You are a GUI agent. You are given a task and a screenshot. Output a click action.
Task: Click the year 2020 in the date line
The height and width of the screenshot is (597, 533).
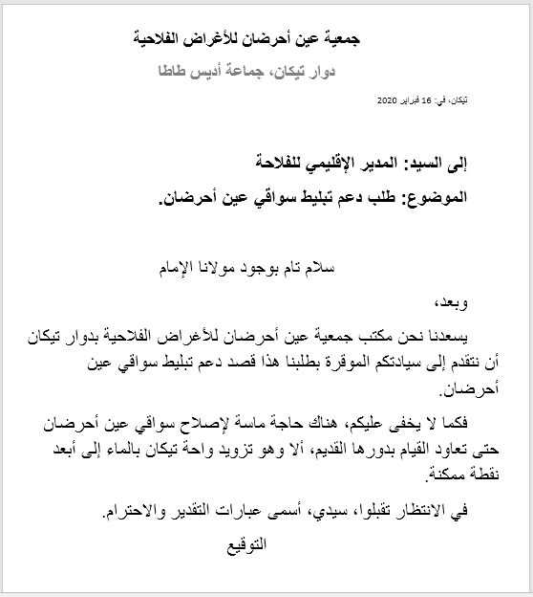tap(392, 99)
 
